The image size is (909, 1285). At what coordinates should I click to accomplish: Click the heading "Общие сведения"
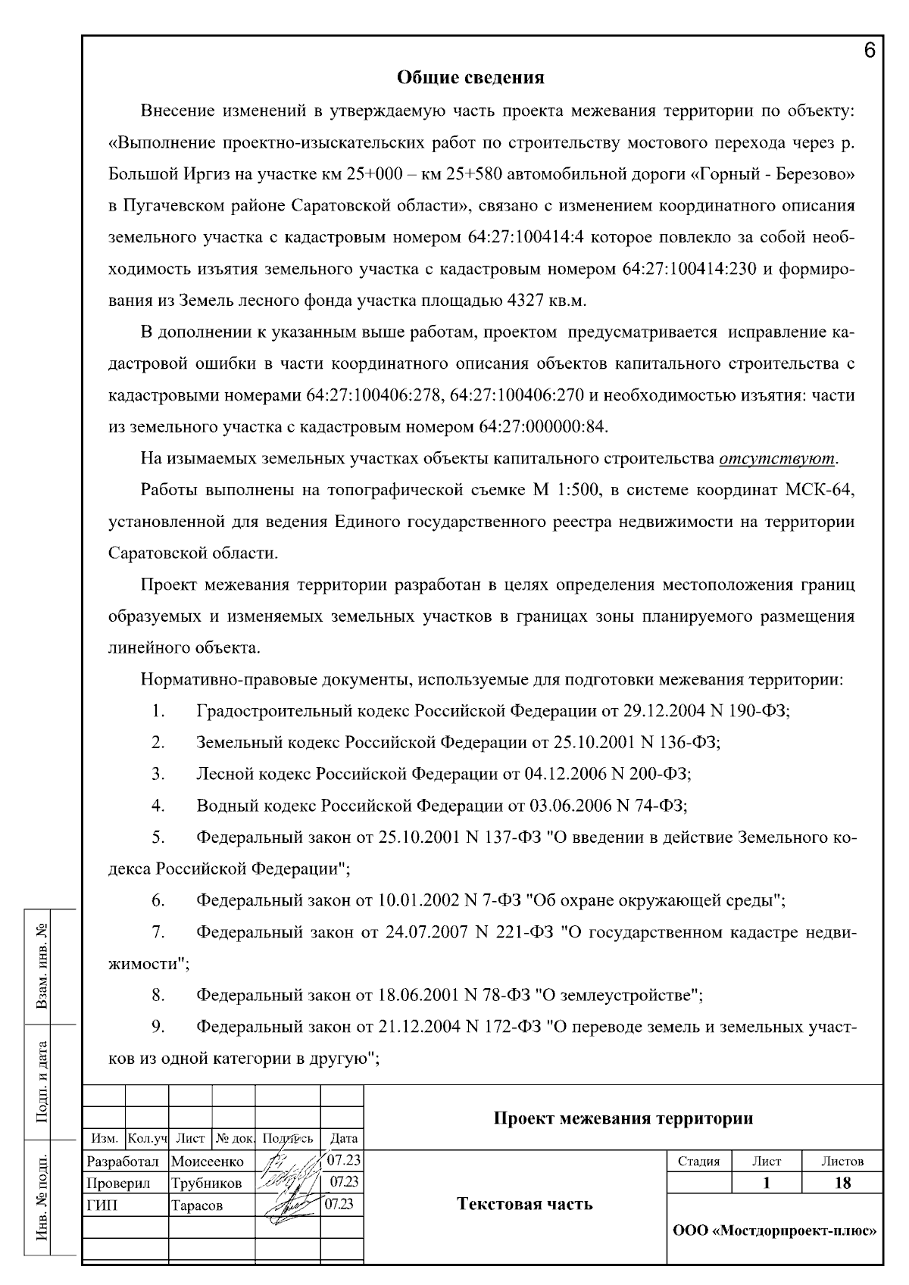point(470,77)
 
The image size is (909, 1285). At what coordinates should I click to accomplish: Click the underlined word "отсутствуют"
point(777,459)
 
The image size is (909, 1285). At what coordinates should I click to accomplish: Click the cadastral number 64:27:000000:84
point(542,427)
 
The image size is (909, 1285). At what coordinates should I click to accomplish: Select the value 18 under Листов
point(842,1183)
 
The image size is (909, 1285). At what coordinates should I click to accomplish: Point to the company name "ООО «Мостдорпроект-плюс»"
point(774,1230)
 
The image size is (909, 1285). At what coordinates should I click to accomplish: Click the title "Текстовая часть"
point(524,1205)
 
